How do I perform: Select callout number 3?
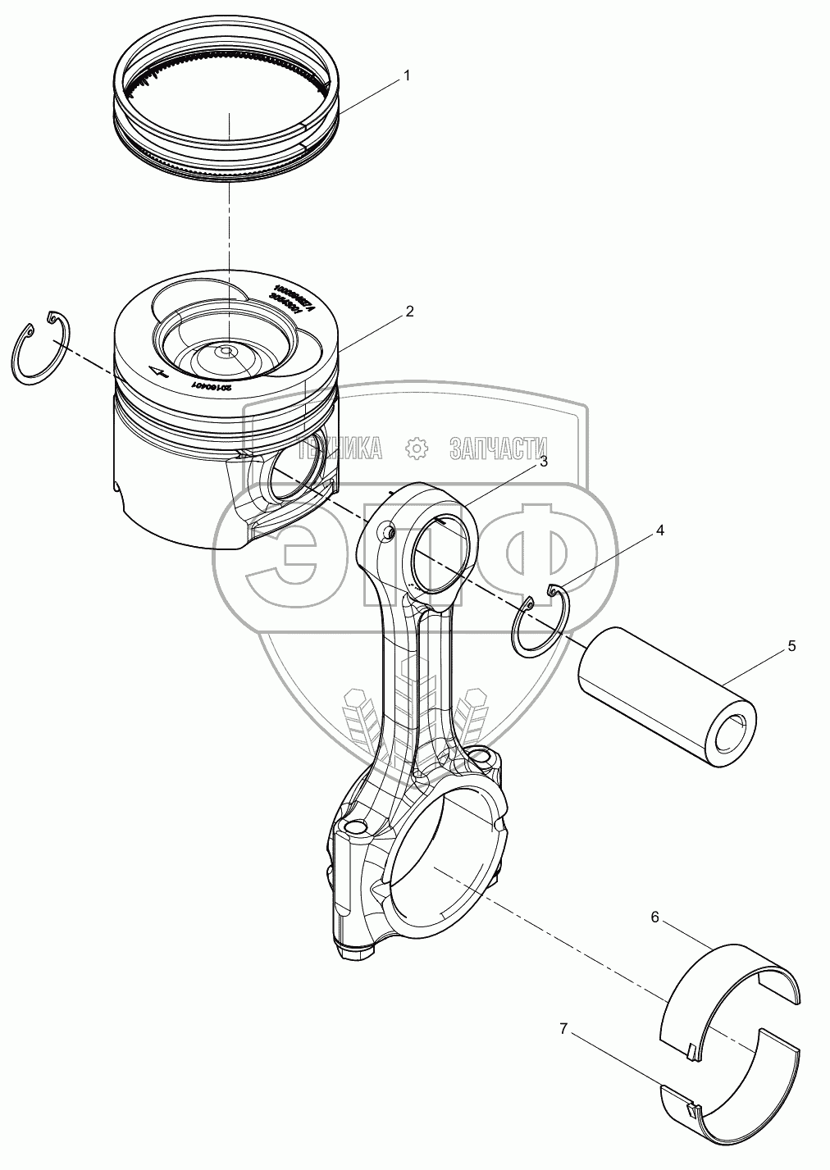pyautogui.click(x=542, y=462)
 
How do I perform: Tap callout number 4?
pyautogui.click(x=659, y=530)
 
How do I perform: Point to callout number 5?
pyautogui.click(x=791, y=646)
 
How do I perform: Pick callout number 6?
pyautogui.click(x=654, y=917)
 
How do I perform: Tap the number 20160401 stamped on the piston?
pyautogui.click(x=212, y=385)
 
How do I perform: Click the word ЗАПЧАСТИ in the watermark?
pyautogui.click(x=498, y=447)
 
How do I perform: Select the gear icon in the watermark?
pyautogui.click(x=417, y=447)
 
